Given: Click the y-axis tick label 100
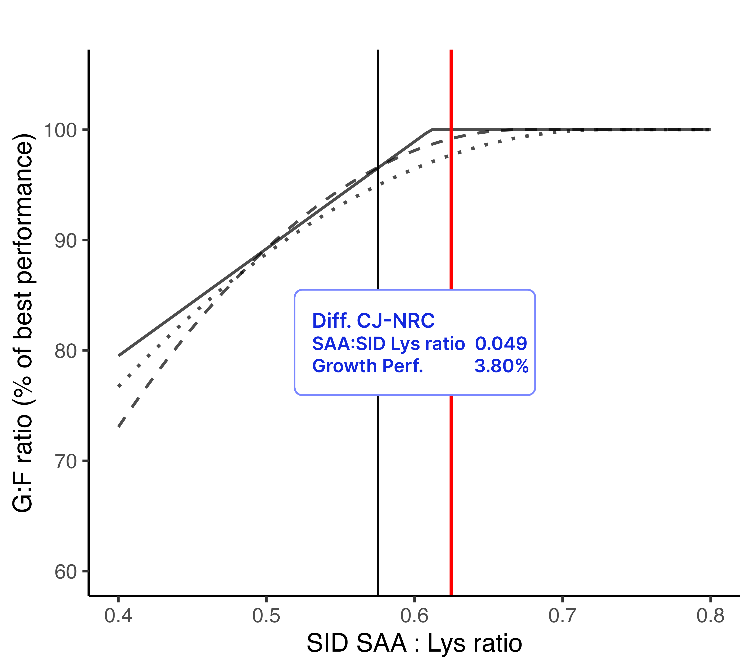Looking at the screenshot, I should click(60, 130).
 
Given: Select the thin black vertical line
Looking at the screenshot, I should click(378, 479).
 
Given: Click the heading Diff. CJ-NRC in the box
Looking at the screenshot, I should click(373, 321).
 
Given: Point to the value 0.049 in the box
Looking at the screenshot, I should click(501, 344).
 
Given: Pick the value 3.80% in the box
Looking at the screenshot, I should click(501, 366).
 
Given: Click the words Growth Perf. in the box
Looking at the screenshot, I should click(367, 366).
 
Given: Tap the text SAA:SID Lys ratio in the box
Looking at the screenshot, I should click(388, 344).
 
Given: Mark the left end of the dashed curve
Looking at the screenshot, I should click(119, 426).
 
